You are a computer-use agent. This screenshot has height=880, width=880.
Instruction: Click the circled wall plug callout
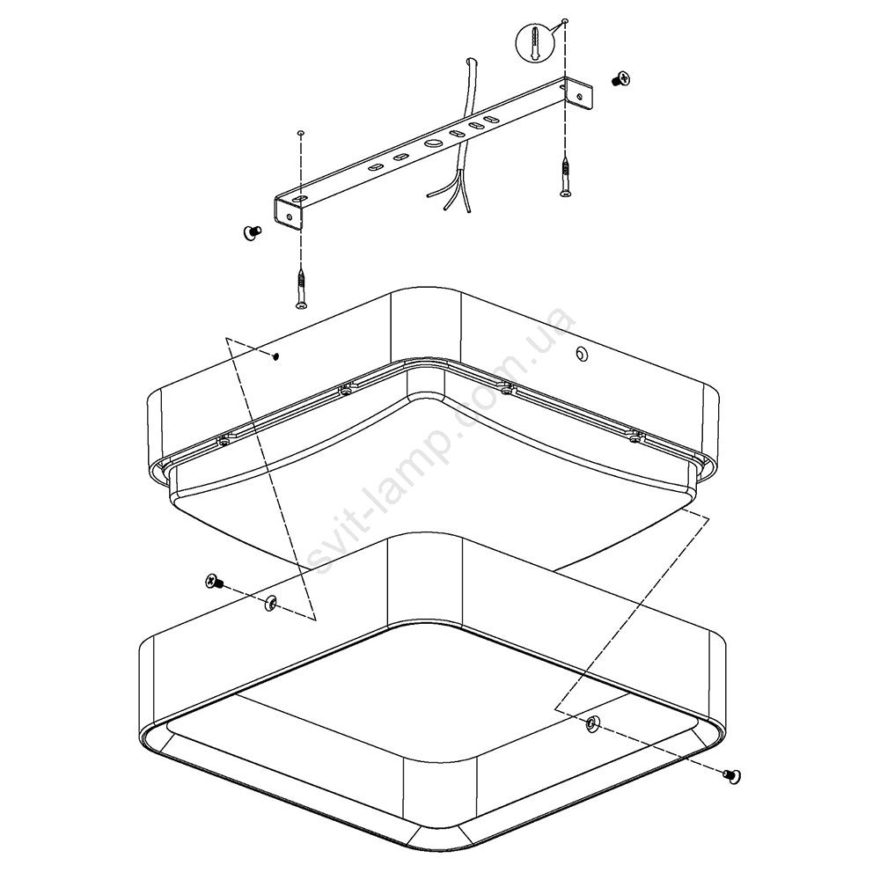click(532, 41)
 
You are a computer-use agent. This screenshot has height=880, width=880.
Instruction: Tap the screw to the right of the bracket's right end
click(620, 78)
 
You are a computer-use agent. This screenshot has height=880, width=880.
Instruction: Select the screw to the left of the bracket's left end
click(253, 232)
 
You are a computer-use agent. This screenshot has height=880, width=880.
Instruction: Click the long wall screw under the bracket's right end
click(566, 177)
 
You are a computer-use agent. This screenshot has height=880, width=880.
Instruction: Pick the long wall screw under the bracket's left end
click(302, 288)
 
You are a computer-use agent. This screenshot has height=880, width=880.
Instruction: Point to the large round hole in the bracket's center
click(433, 143)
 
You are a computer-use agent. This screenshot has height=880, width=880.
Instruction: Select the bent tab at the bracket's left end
click(290, 213)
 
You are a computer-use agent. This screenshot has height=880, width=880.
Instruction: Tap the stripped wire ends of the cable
click(451, 195)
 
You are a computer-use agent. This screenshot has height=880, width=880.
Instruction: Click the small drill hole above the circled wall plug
click(565, 21)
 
